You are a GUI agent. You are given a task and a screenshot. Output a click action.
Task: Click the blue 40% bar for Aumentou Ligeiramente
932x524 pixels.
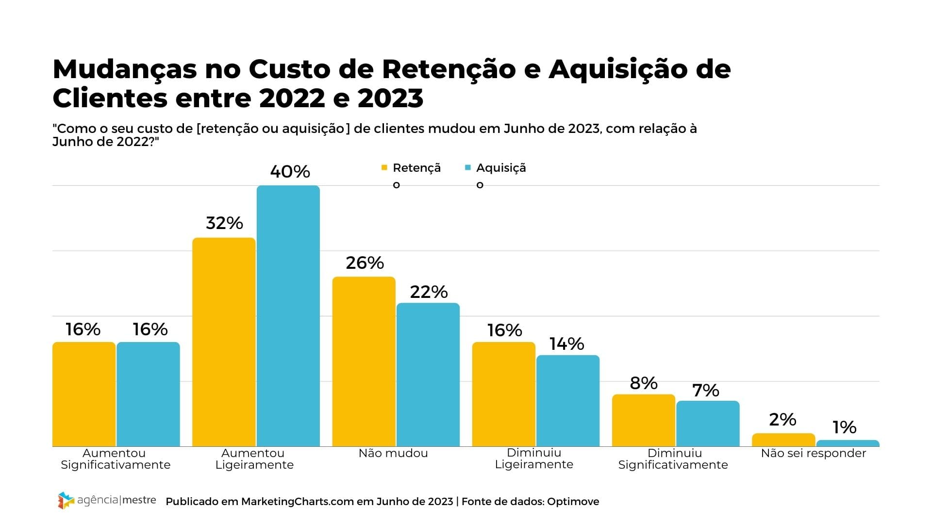(x=288, y=315)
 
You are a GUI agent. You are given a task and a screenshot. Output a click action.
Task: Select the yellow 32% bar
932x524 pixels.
(x=224, y=342)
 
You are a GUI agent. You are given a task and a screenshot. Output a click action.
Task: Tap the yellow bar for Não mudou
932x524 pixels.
(x=364, y=361)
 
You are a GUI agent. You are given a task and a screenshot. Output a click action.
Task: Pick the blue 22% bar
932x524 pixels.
(x=428, y=375)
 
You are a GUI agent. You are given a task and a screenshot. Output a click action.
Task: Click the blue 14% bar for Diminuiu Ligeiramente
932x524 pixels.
(x=567, y=401)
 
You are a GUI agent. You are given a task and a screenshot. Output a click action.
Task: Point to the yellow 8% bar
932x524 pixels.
(x=643, y=420)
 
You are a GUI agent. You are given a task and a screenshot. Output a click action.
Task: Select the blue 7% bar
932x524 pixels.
(x=708, y=424)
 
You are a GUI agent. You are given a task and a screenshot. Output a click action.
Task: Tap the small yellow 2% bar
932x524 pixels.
(x=783, y=440)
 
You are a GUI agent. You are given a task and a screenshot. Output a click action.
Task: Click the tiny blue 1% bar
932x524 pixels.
(x=848, y=443)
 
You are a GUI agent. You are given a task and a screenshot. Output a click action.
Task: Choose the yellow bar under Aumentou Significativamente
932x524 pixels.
(x=84, y=394)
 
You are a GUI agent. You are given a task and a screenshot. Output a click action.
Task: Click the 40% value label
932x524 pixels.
(x=290, y=172)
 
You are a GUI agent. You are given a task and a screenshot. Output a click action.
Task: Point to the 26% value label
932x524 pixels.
(x=365, y=263)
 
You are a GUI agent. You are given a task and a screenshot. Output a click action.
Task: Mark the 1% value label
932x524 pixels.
(x=844, y=427)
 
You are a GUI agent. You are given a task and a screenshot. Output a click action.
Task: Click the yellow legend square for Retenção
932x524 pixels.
(x=384, y=168)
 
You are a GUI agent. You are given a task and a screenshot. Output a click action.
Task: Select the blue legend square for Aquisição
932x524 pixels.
(x=468, y=168)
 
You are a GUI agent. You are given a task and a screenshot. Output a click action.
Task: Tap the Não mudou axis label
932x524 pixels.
(x=393, y=453)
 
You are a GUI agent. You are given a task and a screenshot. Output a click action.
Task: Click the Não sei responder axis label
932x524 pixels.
(x=813, y=453)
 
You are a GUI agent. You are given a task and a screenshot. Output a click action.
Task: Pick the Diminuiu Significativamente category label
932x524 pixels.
(x=673, y=459)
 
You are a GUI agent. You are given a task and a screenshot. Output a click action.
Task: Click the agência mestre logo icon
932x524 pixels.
(x=66, y=501)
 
